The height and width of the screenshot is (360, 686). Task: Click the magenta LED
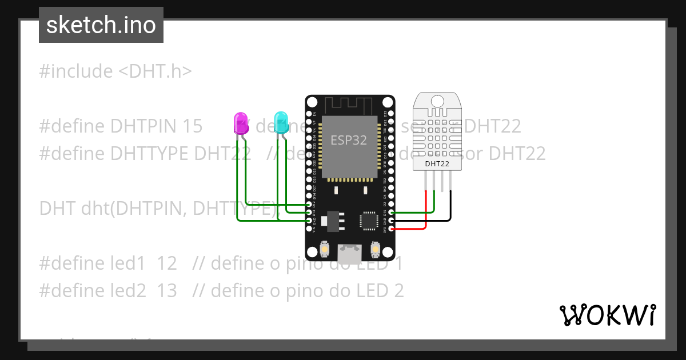click(241, 123)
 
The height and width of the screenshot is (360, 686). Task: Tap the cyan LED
click(281, 122)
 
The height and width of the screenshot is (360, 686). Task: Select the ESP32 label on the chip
click(349, 140)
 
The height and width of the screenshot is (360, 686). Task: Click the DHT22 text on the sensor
click(437, 164)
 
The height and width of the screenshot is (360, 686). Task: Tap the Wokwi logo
click(607, 315)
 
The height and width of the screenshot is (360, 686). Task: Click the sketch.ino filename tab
click(101, 25)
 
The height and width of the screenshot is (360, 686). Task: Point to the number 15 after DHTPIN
click(192, 126)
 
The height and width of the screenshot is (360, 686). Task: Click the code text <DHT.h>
click(155, 71)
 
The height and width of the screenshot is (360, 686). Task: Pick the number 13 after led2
click(167, 291)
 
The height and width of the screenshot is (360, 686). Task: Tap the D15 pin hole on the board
click(391, 212)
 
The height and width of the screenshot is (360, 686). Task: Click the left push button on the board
click(324, 249)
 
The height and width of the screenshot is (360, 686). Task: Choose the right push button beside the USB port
click(376, 249)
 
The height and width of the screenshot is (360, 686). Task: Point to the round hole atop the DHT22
click(437, 102)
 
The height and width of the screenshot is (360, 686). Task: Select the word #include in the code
click(76, 71)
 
